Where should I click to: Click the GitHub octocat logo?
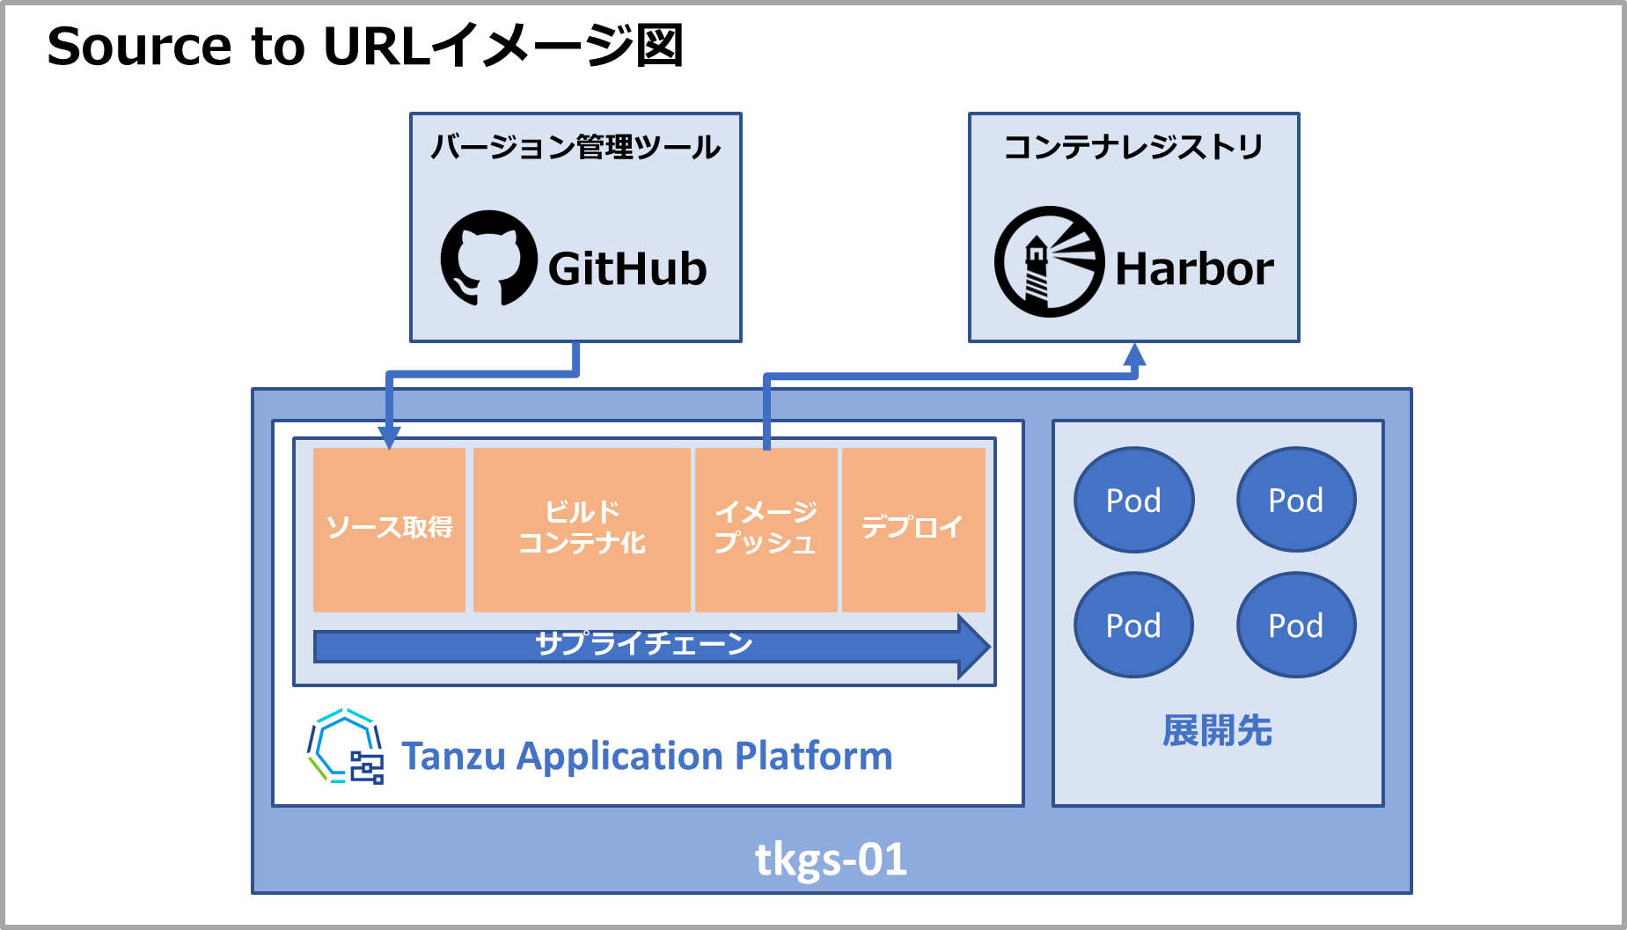pyautogui.click(x=488, y=259)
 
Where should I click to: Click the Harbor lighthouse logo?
pyautogui.click(x=1049, y=262)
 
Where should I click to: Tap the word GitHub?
pyautogui.click(x=627, y=268)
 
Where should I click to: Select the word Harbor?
pyautogui.click(x=1194, y=268)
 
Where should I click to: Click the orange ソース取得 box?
pyautogui.click(x=389, y=529)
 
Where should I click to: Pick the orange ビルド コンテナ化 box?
pyautogui.click(x=582, y=529)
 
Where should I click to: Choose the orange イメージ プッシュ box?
pyautogui.click(x=766, y=529)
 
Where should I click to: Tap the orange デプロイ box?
pyautogui.click(x=912, y=529)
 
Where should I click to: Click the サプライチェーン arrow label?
pyautogui.click(x=643, y=644)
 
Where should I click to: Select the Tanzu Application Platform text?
pyautogui.click(x=647, y=756)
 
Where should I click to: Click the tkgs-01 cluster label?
pyautogui.click(x=831, y=860)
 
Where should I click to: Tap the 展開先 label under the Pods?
pyautogui.click(x=1217, y=731)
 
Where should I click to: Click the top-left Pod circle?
pyautogui.click(x=1133, y=500)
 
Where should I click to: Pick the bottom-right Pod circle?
pyautogui.click(x=1296, y=625)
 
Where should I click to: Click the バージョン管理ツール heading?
pyautogui.click(x=575, y=147)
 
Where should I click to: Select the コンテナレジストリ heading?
pyautogui.click(x=1133, y=147)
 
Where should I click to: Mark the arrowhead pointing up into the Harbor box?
pyautogui.click(x=1135, y=355)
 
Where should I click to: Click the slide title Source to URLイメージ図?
pyautogui.click(x=365, y=46)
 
